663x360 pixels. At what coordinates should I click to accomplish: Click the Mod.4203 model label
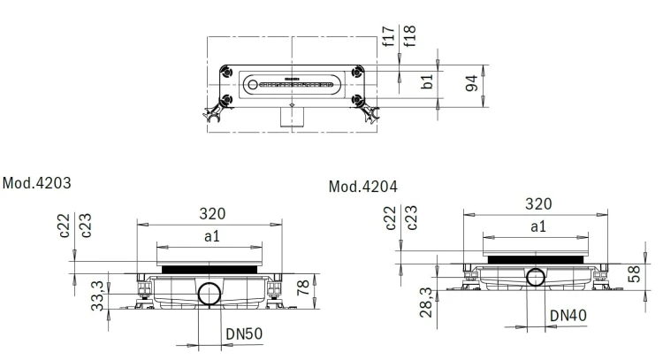click(37, 183)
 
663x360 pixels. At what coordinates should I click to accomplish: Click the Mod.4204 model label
click(363, 187)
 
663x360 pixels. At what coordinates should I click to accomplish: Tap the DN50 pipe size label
click(244, 334)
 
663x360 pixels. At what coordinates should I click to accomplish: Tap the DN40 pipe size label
click(568, 316)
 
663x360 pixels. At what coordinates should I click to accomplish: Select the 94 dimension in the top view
click(471, 83)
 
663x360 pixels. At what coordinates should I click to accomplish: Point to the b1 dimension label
click(427, 81)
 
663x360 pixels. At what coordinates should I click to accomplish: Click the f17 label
click(388, 36)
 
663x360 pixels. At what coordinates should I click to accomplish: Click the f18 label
click(409, 36)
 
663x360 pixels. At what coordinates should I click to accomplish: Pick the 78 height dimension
click(303, 287)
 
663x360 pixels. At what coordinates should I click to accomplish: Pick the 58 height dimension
click(634, 274)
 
